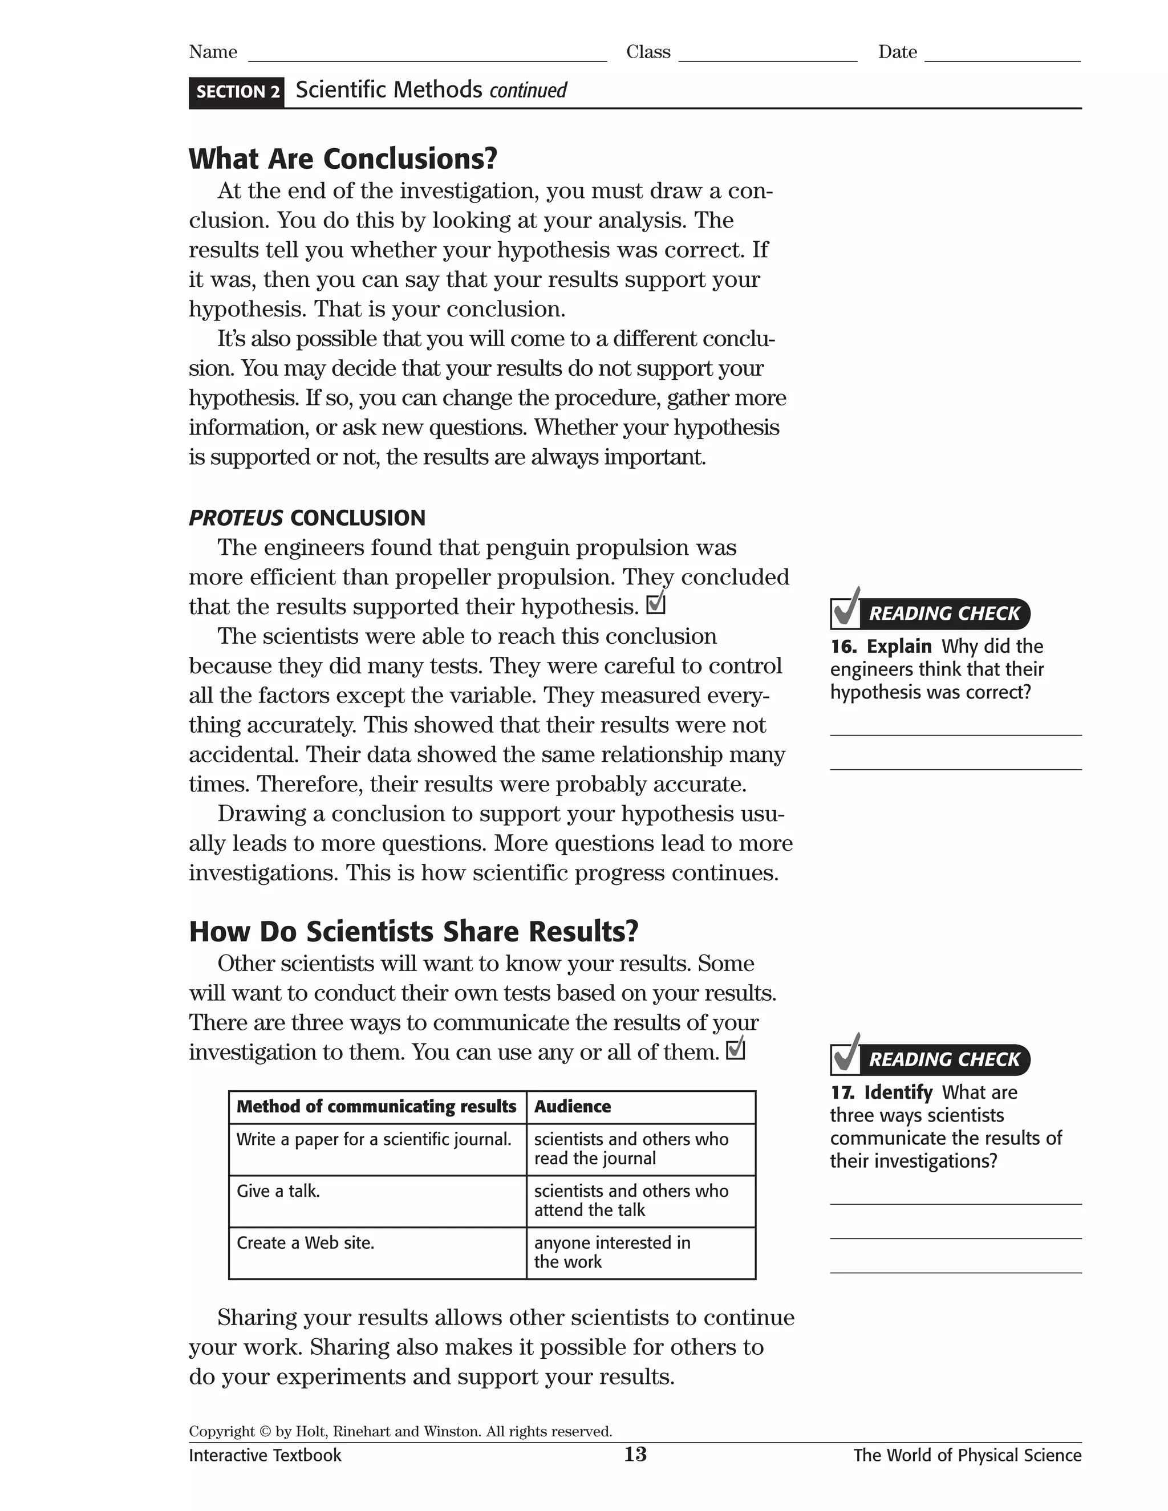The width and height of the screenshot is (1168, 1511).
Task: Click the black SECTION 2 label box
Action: click(237, 92)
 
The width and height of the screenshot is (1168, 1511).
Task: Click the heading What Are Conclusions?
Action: click(343, 159)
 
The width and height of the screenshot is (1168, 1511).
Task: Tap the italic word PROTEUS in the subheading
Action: click(236, 518)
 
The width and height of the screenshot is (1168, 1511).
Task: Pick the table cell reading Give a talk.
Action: click(278, 1191)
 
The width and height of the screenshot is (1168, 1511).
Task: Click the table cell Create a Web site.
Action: click(305, 1242)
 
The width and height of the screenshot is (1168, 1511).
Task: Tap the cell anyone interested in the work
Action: click(612, 1252)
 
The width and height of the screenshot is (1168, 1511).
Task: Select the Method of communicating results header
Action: click(376, 1106)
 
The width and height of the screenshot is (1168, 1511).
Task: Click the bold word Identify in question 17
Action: click(898, 1092)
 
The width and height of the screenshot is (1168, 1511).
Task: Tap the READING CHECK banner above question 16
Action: click(944, 614)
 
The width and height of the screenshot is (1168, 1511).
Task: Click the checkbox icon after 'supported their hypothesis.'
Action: click(656, 604)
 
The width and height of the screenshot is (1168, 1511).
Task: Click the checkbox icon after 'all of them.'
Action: click(736, 1050)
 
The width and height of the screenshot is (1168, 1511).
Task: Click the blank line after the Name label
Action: click(427, 55)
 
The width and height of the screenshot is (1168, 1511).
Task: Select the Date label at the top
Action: click(898, 52)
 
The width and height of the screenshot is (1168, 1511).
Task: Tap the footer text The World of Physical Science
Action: click(967, 1455)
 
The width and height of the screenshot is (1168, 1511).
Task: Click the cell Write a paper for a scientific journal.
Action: click(374, 1139)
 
